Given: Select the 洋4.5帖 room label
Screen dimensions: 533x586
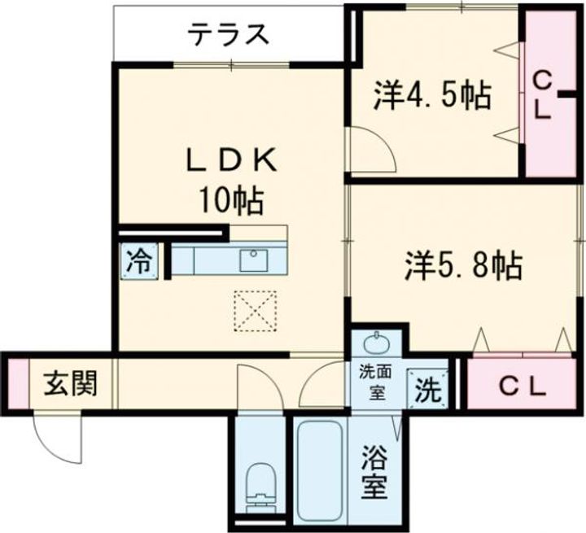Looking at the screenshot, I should [432, 96].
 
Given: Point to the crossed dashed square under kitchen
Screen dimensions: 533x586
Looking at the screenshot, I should [254, 310].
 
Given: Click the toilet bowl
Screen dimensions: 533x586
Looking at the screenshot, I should [261, 482].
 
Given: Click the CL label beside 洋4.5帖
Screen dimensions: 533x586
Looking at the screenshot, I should [544, 96].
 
